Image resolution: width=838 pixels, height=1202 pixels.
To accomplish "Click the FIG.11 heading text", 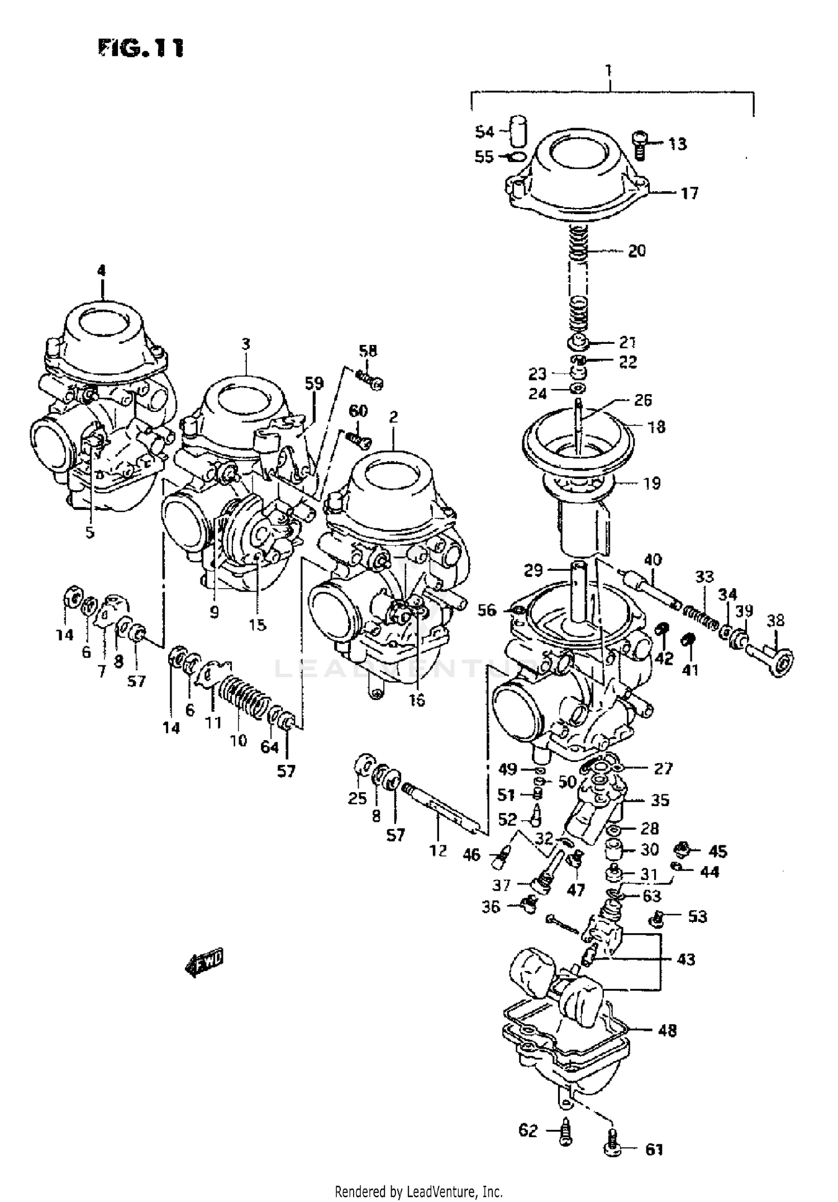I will pyautogui.click(x=141, y=48).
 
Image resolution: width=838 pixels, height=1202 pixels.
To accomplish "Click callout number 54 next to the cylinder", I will pyautogui.click(x=484, y=132).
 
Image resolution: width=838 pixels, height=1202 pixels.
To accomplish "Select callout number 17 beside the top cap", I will pyautogui.click(x=689, y=193).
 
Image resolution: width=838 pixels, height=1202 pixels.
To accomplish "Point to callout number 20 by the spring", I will pyautogui.click(x=636, y=250).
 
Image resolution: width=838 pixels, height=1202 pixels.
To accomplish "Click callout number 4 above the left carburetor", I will pyautogui.click(x=101, y=271).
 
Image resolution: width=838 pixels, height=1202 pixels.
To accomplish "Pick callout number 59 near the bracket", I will pyautogui.click(x=314, y=384).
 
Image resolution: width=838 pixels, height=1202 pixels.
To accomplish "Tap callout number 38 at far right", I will pyautogui.click(x=775, y=620).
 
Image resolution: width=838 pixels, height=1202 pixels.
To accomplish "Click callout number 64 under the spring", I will pyautogui.click(x=270, y=747).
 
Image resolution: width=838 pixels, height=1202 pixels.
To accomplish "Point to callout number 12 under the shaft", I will pyautogui.click(x=439, y=850).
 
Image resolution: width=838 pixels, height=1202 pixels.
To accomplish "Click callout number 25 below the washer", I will pyautogui.click(x=358, y=798).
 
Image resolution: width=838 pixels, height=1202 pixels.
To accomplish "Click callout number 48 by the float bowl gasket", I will pyautogui.click(x=667, y=1030).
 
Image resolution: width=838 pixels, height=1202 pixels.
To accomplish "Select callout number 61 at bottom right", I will pyautogui.click(x=654, y=1150).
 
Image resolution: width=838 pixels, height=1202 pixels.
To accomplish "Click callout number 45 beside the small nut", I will pyautogui.click(x=717, y=851).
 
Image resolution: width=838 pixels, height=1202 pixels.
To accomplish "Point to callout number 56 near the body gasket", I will pyautogui.click(x=487, y=610).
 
